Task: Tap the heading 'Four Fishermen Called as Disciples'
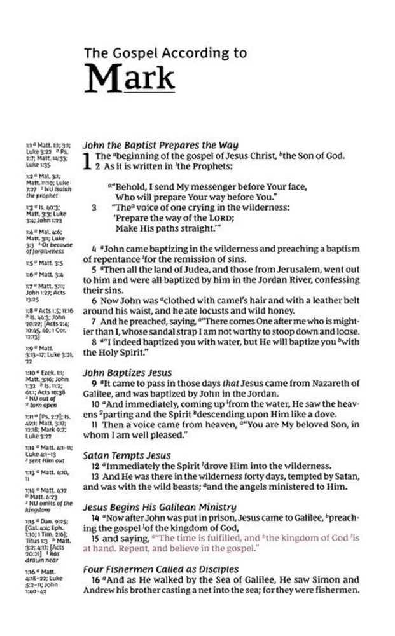pyautogui.click(x=161, y=569)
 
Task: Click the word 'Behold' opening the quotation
pyautogui.click(x=128, y=186)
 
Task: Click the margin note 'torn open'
pyautogui.click(x=29, y=405)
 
